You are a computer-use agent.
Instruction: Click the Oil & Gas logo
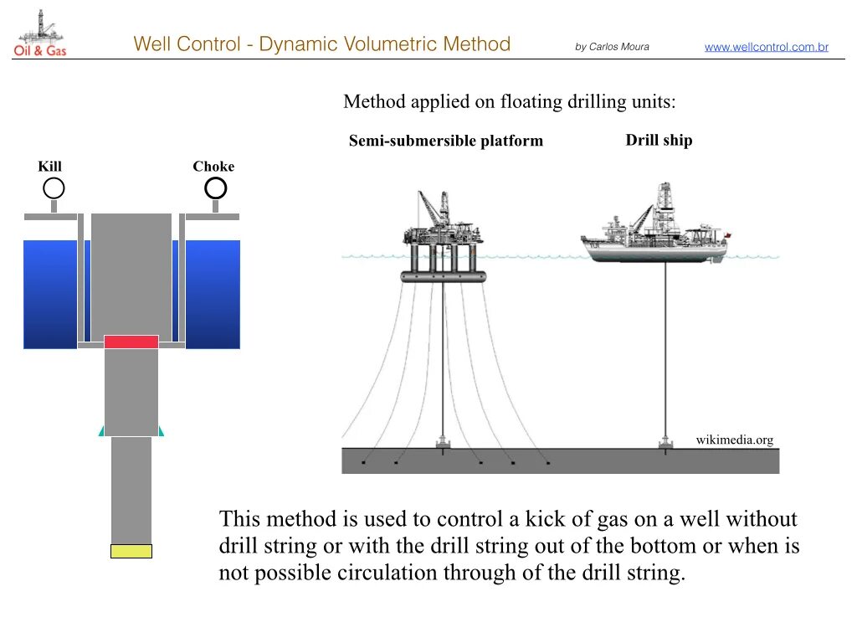39,34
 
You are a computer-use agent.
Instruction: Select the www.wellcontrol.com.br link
766,47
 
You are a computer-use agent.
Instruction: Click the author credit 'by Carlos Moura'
612,47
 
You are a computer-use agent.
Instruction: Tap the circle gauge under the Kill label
54,188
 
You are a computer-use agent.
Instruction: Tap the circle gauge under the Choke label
216,188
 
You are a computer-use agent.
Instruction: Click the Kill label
50,167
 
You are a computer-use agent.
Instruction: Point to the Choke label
213,167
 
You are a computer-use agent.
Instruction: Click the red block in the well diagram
131,342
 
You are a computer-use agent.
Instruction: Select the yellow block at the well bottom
131,551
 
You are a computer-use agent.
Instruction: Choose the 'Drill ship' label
659,140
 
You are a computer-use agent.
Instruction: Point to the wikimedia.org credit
734,440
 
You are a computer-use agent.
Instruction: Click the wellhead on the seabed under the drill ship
666,443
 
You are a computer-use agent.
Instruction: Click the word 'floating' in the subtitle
531,102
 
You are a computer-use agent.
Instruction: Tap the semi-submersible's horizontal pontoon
444,276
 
